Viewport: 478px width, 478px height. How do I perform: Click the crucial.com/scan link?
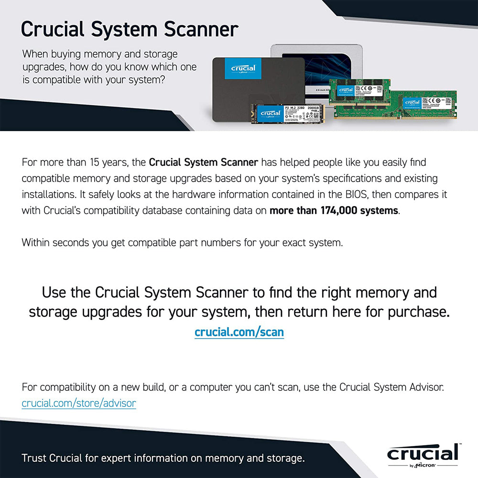(239, 332)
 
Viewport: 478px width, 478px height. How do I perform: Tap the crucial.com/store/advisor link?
(79, 403)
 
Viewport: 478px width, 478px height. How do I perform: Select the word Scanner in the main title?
(201, 29)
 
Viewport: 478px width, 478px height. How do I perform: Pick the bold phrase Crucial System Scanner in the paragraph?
(204, 163)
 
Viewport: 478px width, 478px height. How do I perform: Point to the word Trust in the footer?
(34, 458)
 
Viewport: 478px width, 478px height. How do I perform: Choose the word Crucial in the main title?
(55, 29)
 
